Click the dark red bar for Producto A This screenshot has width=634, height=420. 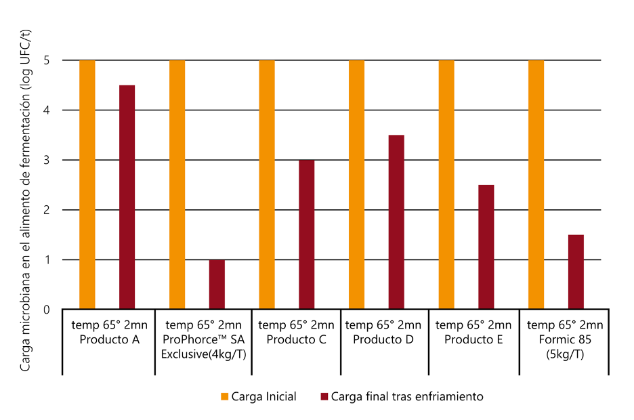click(x=127, y=197)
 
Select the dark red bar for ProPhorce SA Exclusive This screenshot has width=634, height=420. click(x=217, y=285)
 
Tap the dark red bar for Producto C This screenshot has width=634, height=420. click(x=307, y=234)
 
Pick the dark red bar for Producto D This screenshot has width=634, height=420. click(x=396, y=222)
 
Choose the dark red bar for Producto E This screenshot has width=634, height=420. click(x=486, y=247)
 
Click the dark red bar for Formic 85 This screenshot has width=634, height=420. click(x=576, y=272)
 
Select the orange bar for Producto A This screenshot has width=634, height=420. click(x=87, y=185)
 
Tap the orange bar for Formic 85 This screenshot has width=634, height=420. click(x=536, y=185)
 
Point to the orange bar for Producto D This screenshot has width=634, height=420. click(x=356, y=185)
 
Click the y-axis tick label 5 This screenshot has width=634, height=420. click(x=47, y=60)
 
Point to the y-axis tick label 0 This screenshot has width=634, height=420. click(x=47, y=310)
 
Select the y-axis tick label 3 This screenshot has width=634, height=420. click(x=47, y=160)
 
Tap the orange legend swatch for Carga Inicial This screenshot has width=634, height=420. click(x=224, y=396)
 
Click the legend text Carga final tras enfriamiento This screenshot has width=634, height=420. click(x=407, y=396)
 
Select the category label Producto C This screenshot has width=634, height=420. click(x=296, y=339)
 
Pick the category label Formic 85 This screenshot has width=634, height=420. click(x=565, y=339)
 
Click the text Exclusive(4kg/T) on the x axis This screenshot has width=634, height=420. click(x=203, y=354)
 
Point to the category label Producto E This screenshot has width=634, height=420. click(x=473, y=339)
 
